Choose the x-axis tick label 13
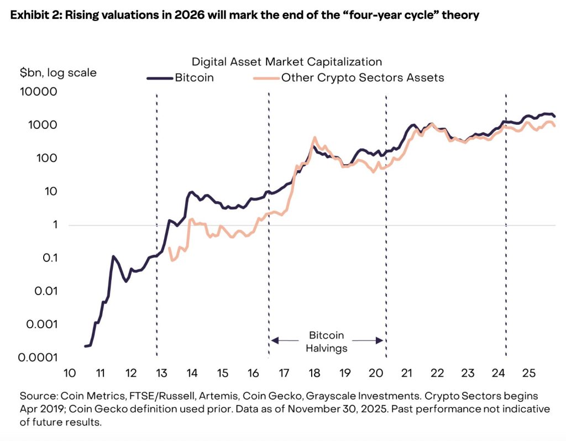pos(161,373)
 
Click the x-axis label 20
pos(376,373)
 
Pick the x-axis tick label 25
pos(529,373)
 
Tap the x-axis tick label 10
pos(69,373)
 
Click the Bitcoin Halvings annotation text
pos(326,342)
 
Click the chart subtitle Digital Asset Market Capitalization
pos(287,61)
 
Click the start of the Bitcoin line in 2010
pos(86,346)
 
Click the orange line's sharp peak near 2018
pos(315,138)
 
